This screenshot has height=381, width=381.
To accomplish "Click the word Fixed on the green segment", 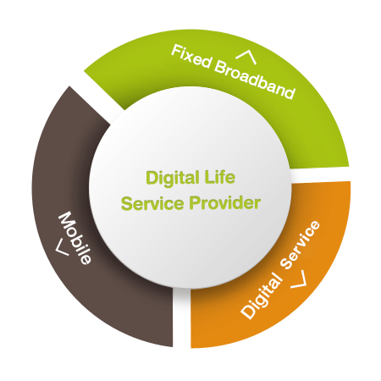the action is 191,56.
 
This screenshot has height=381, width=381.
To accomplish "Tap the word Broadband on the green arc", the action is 255,80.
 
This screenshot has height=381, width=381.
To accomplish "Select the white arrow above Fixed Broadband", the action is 246,57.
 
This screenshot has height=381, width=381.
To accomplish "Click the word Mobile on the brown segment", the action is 75,238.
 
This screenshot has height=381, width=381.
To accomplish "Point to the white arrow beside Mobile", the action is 62,247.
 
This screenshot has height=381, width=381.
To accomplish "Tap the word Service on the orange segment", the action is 301,245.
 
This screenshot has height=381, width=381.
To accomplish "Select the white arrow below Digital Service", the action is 299,279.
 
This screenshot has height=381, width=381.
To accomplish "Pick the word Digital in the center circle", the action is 173,179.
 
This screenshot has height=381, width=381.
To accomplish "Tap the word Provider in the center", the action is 225,202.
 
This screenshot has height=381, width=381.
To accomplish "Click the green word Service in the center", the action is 152,203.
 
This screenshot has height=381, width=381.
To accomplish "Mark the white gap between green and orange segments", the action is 320,175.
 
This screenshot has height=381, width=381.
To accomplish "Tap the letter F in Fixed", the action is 176,51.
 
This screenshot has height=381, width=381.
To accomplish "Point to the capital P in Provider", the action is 195,202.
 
